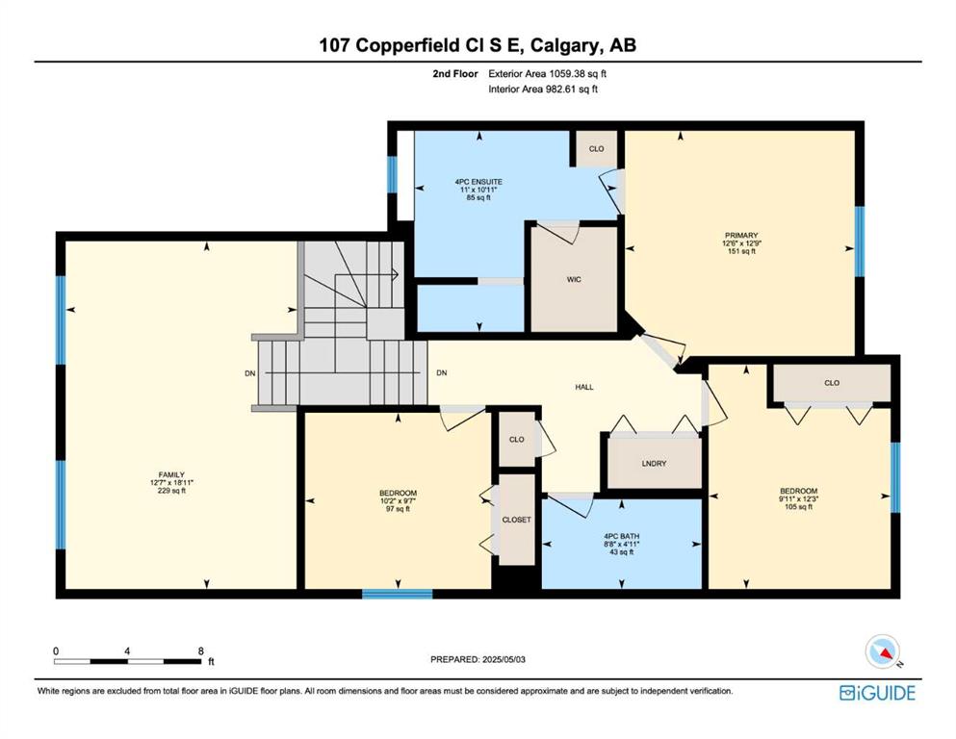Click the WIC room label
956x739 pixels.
(x=574, y=280)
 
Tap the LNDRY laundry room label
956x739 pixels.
(x=655, y=464)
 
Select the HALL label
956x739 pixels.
(x=584, y=387)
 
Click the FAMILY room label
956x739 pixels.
(x=171, y=475)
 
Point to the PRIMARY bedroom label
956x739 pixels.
(x=741, y=235)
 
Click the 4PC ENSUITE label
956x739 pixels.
(x=478, y=182)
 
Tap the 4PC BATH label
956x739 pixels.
(x=621, y=537)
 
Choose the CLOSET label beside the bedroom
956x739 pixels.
(x=516, y=520)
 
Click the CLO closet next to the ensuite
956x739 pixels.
(x=596, y=148)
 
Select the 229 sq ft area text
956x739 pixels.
(x=171, y=491)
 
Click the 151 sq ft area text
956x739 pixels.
(x=741, y=251)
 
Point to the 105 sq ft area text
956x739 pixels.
(x=799, y=506)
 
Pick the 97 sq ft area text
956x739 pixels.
(x=399, y=509)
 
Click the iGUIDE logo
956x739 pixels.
(x=877, y=693)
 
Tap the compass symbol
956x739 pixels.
(x=883, y=651)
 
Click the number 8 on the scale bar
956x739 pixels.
(x=200, y=651)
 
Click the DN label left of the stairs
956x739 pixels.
(x=250, y=373)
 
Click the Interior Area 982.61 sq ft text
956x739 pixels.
(x=543, y=89)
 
